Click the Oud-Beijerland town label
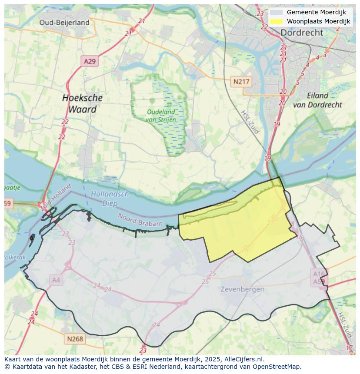[x=64, y=23]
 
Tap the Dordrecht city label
[x=301, y=33]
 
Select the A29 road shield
[x=90, y=61]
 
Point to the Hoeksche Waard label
[x=82, y=103]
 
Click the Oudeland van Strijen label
[x=161, y=116]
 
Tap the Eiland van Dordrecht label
[x=317, y=100]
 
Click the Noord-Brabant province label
[x=140, y=220]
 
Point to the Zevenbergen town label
[x=242, y=289]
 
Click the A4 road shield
[x=56, y=280]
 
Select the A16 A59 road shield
[x=319, y=277]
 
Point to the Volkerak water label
[x=15, y=257]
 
